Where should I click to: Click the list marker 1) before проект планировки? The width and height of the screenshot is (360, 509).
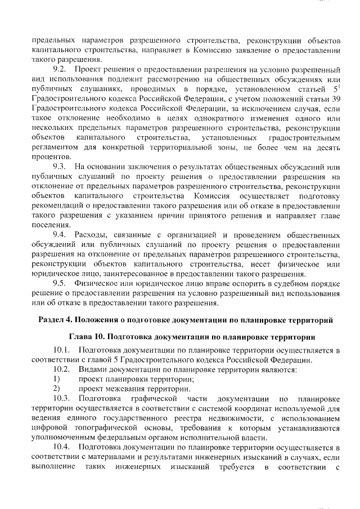tap(56, 379)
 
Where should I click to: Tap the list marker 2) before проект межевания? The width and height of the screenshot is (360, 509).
tap(56, 389)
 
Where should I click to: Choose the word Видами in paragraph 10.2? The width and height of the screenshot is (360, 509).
tap(93, 370)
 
